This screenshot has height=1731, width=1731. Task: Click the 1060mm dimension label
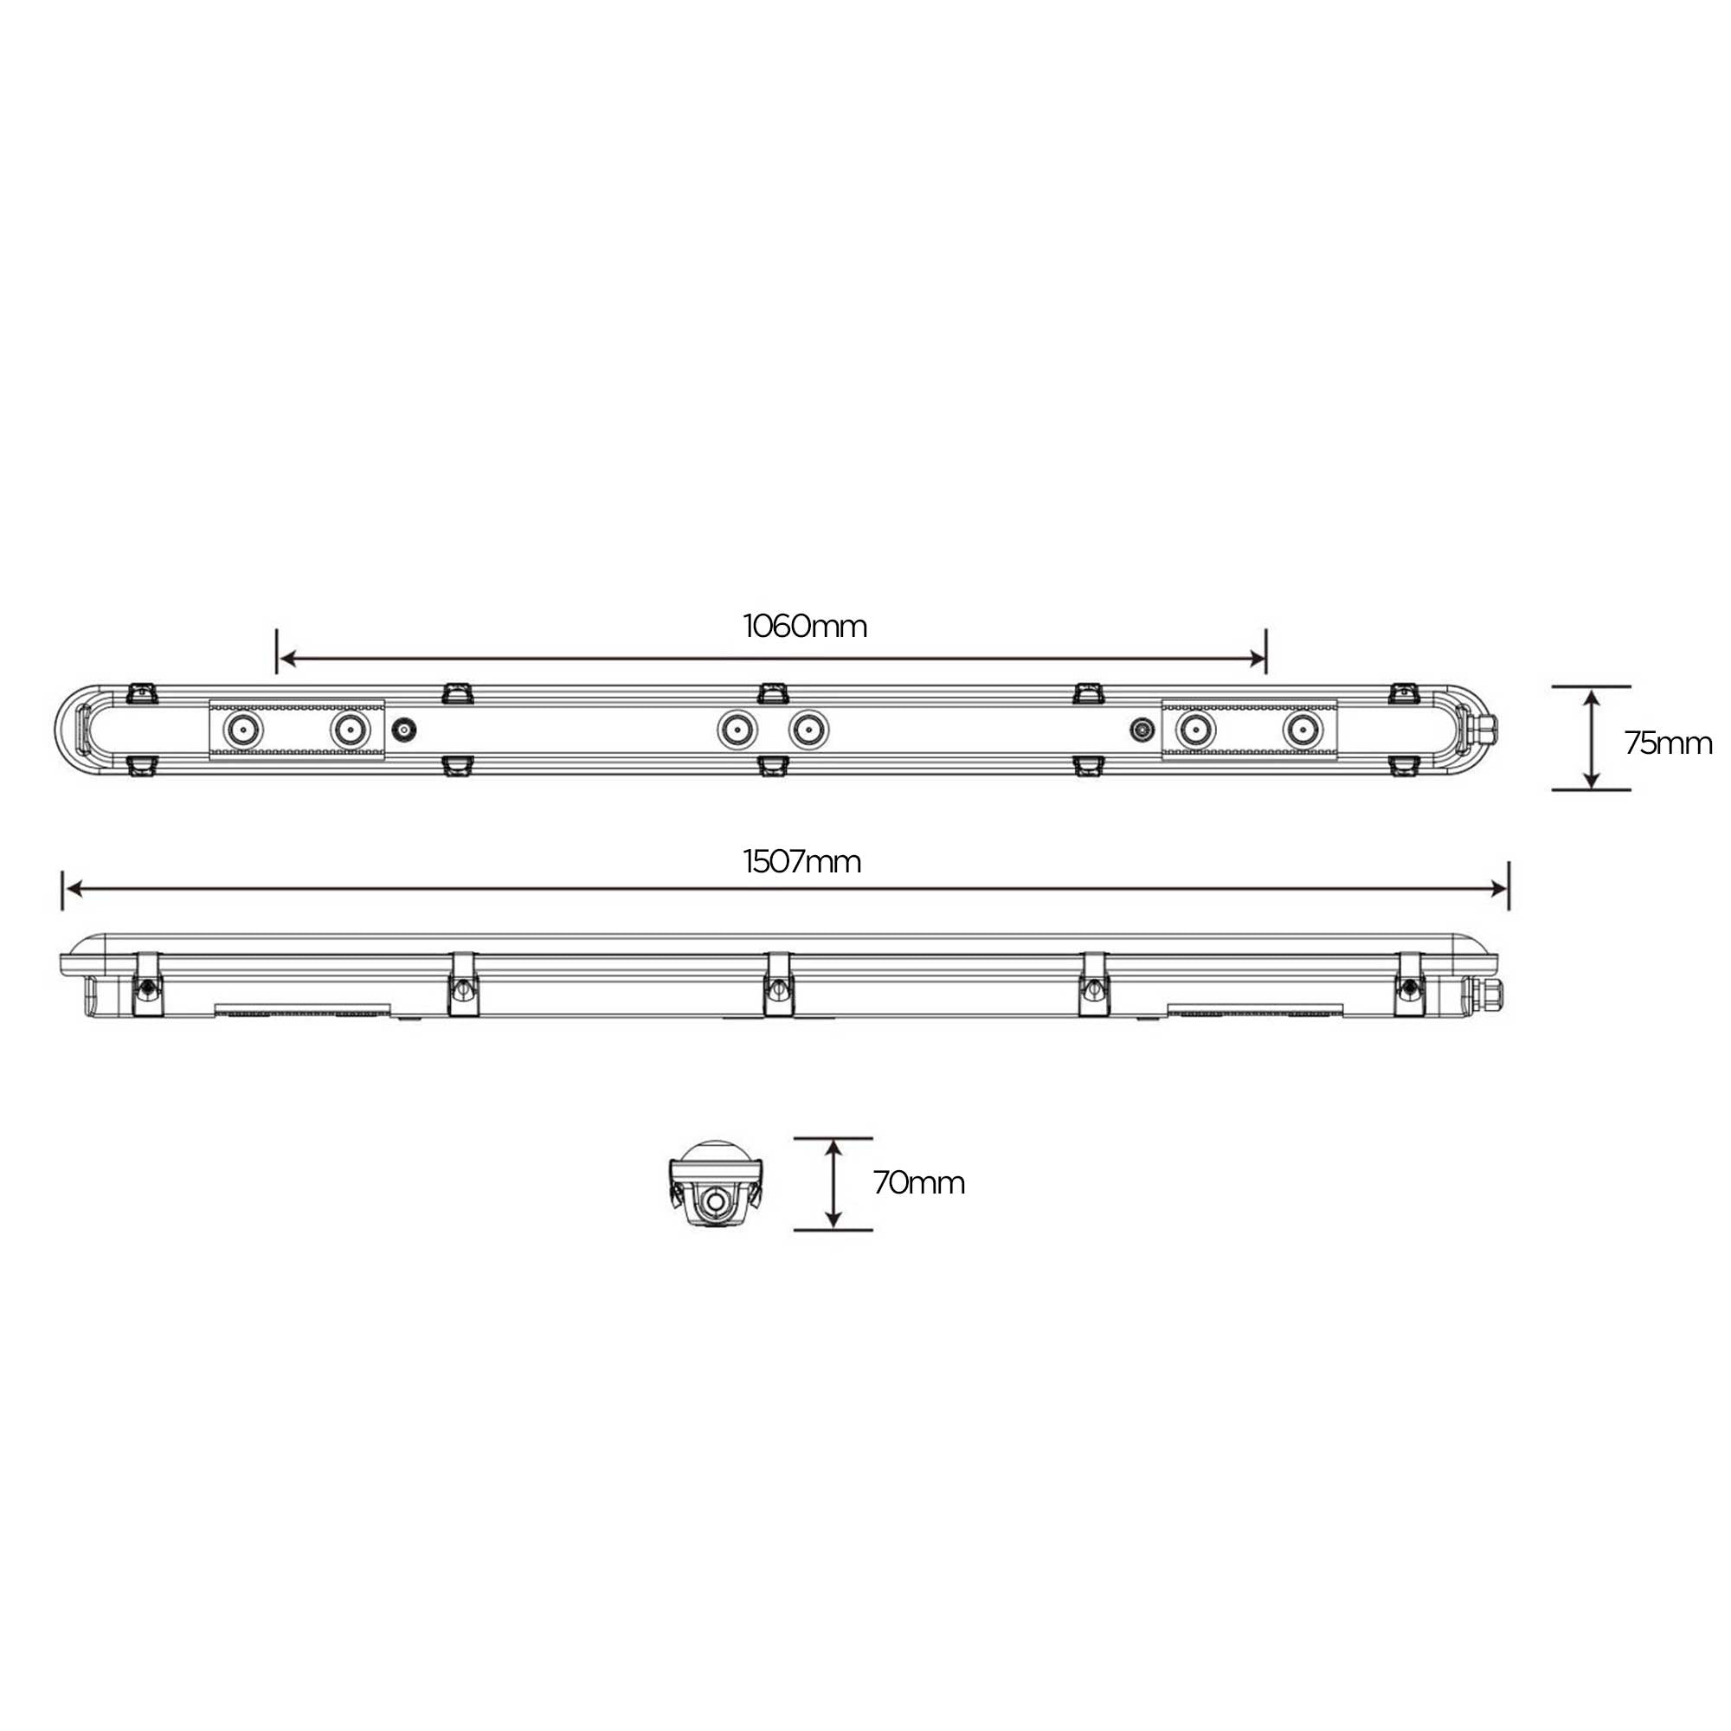pos(805,627)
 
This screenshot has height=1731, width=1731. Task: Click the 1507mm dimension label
pos(802,862)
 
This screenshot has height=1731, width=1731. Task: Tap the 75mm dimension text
pos(1668,743)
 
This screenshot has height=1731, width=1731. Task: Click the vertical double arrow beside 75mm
pos(1592,739)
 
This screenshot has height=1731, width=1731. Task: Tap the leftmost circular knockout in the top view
pos(243,730)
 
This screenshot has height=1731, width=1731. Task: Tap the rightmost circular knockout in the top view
pos(1302,730)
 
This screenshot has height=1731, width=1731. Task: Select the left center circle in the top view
pos(737,730)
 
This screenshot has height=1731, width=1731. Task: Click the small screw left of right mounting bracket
pos(1142,730)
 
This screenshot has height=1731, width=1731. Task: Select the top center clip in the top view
pos(771,692)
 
